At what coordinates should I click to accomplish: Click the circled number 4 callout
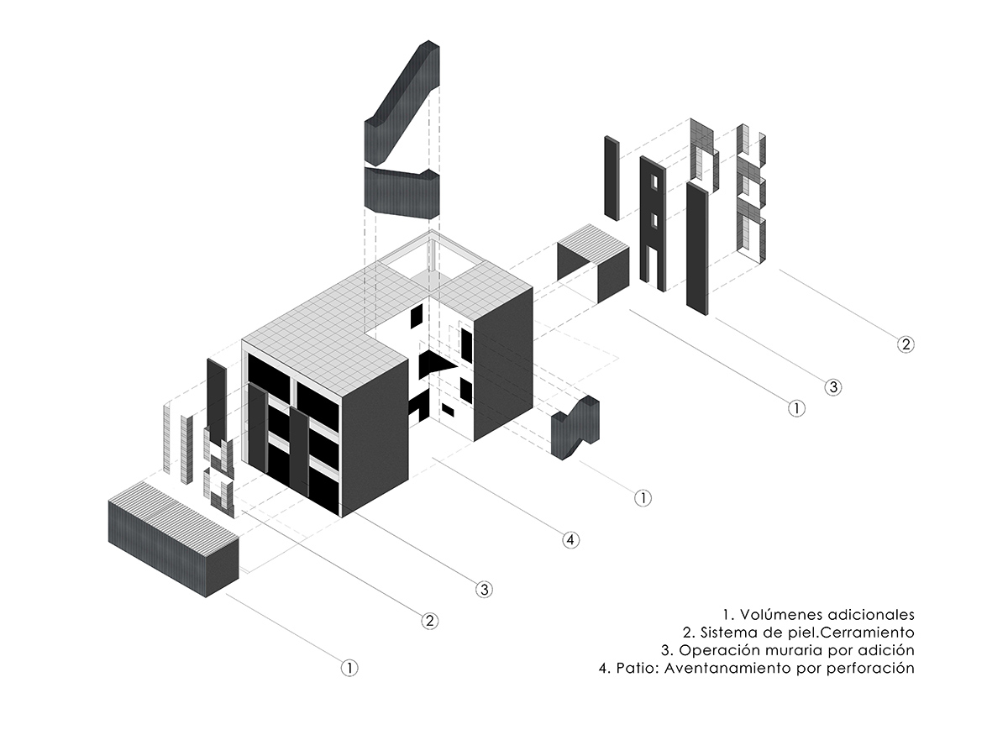[x=570, y=539]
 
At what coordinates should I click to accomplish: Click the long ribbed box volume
[x=172, y=538]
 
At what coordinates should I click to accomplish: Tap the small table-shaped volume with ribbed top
[x=593, y=265]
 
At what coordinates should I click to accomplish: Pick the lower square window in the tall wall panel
[x=652, y=220]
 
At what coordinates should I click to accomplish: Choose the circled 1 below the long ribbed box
[x=349, y=668]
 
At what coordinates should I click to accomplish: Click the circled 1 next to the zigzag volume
[x=642, y=497]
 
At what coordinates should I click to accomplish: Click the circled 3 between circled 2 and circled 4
[x=484, y=589]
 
